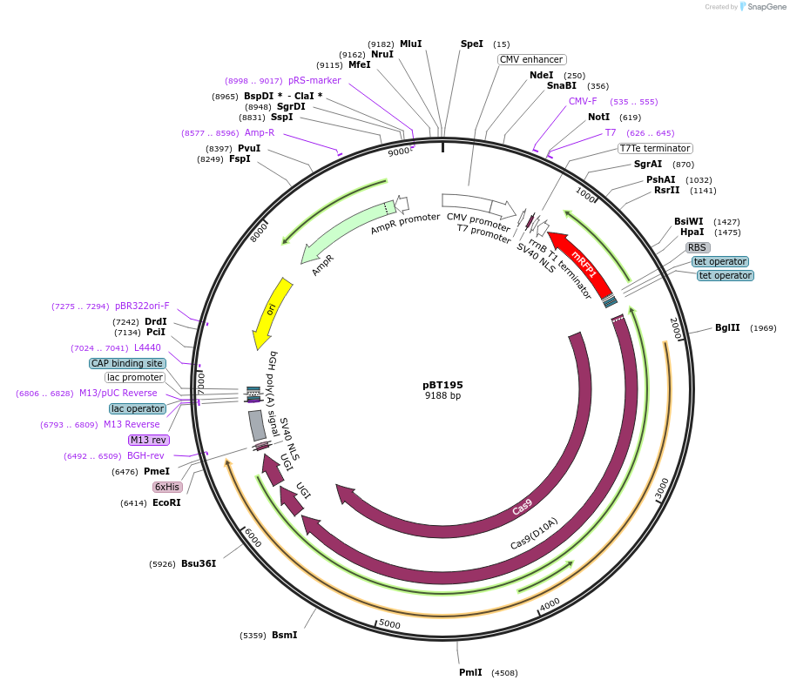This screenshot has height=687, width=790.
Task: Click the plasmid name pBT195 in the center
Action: [x=442, y=384]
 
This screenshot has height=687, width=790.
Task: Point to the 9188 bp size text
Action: [x=442, y=395]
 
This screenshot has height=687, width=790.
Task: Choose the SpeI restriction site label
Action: [x=471, y=44]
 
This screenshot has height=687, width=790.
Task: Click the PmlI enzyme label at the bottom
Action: [x=470, y=672]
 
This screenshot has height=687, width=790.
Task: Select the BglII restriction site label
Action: [x=727, y=328]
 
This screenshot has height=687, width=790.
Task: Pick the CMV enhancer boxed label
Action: [x=531, y=60]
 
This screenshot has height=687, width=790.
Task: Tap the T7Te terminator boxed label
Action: [x=655, y=148]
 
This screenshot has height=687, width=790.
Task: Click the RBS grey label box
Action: [x=698, y=247]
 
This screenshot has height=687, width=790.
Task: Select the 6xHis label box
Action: [x=167, y=487]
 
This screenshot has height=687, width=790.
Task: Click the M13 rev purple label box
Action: [x=149, y=440]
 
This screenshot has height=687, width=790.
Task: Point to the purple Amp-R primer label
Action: [x=260, y=132]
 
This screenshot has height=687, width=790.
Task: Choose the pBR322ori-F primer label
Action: [x=142, y=306]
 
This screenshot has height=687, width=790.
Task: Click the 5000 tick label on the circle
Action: [x=389, y=624]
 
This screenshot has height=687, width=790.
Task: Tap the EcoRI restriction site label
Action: [x=166, y=502]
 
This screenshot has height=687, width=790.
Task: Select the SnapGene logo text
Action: [x=762, y=7]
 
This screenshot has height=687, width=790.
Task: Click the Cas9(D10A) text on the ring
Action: [x=534, y=533]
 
